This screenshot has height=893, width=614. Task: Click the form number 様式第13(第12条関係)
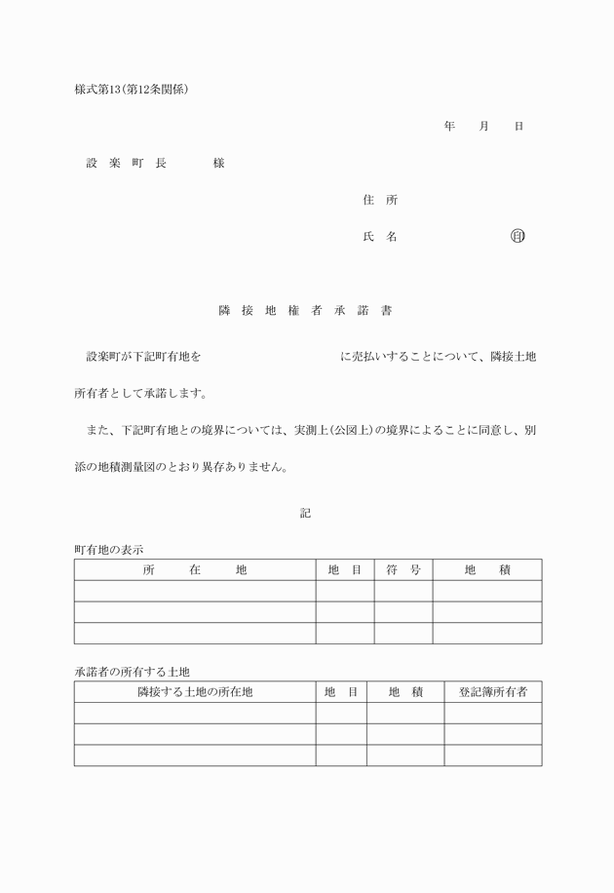[x=131, y=90]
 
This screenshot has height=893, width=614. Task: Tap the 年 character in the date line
[x=448, y=127]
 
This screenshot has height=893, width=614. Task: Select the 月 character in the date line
[x=483, y=127]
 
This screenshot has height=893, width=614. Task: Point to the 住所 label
[x=379, y=200]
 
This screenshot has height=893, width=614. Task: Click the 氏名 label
[x=379, y=236]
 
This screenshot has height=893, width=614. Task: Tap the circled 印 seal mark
[x=518, y=236]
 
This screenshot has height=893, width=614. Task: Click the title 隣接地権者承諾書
[x=305, y=311]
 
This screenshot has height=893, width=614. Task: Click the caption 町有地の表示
[x=109, y=550]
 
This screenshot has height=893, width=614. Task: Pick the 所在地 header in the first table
[x=195, y=569]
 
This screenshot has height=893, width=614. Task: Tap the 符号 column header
[x=403, y=569]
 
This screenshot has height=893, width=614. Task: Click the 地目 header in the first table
[x=345, y=569]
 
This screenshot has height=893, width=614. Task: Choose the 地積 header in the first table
[x=487, y=569]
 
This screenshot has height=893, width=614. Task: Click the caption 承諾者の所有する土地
[x=132, y=672]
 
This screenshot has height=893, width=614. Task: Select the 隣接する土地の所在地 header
[x=195, y=691]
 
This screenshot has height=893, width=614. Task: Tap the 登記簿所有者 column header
[x=493, y=691]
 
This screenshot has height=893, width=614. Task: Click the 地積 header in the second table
[x=405, y=691]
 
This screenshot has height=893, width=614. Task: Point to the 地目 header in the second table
[x=341, y=691]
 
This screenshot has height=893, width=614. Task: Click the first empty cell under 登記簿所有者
[x=493, y=713]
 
